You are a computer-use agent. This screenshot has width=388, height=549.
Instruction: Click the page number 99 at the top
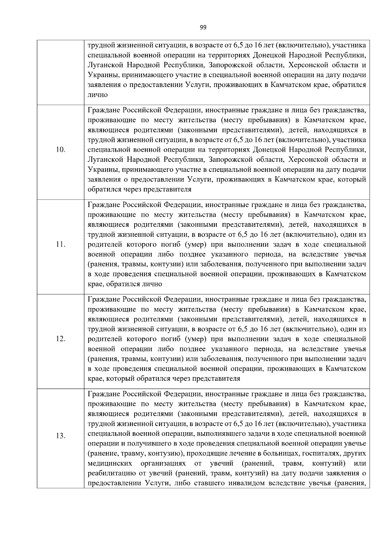pyautogui.click(x=203, y=27)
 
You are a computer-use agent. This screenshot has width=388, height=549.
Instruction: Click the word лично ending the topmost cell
pyautogui.click(x=98, y=95)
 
